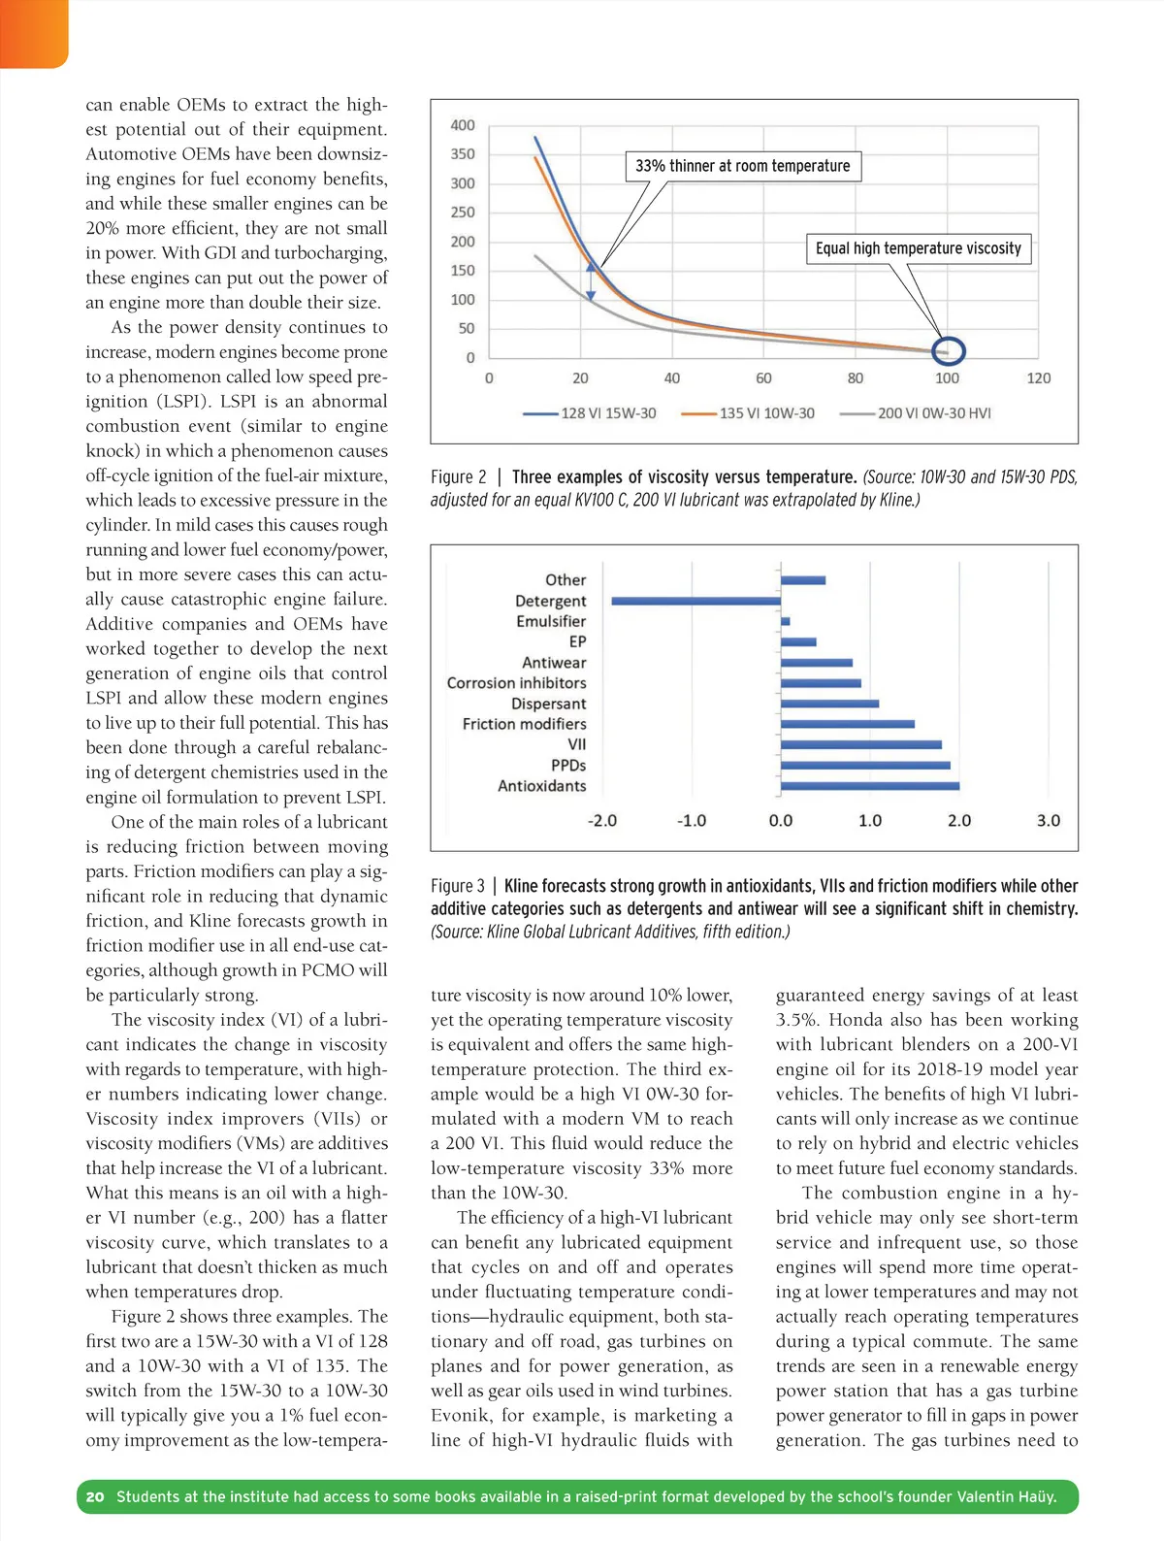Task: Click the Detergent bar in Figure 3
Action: (x=695, y=601)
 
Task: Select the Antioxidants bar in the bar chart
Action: (x=870, y=786)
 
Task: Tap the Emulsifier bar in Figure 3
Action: (x=786, y=621)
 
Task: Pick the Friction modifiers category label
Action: (x=524, y=724)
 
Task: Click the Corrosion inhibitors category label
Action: (x=516, y=683)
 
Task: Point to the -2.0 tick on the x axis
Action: (x=601, y=821)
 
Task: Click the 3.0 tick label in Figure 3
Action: (x=1049, y=821)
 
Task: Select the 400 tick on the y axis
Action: (x=463, y=125)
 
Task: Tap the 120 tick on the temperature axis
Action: (x=1038, y=378)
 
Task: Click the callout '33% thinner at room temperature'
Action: (x=742, y=166)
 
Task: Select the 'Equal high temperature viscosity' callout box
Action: (x=918, y=248)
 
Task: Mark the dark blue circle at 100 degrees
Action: (x=948, y=350)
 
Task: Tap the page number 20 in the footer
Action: (x=95, y=1496)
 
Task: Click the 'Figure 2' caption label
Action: (x=459, y=477)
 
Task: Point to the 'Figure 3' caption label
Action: (x=458, y=886)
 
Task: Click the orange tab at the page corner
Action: (x=33, y=33)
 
